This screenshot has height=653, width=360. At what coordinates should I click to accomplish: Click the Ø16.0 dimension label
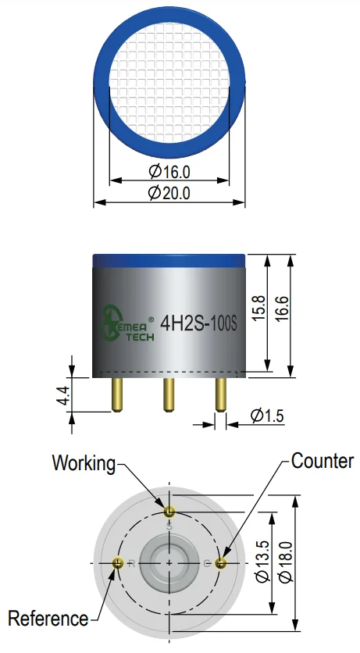(169, 171)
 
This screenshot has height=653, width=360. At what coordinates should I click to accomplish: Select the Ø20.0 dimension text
(169, 193)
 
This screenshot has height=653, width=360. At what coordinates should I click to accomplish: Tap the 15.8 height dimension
(258, 309)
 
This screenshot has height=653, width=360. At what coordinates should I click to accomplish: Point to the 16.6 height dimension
(282, 309)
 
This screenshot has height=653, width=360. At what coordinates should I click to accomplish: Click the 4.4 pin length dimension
(63, 395)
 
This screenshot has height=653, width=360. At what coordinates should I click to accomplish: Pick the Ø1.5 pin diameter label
(267, 416)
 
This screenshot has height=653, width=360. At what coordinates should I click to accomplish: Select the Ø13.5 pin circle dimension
(263, 562)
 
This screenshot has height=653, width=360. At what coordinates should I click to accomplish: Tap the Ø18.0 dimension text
(286, 562)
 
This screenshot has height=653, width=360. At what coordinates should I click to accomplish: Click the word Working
(84, 463)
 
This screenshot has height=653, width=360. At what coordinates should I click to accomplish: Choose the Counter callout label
(323, 462)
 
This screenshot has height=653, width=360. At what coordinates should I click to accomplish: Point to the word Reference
(48, 619)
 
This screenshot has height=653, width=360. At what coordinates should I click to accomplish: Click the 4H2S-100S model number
(198, 324)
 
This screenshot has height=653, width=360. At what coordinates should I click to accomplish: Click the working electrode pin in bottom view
(169, 511)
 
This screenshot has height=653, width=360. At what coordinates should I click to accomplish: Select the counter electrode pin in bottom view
(220, 563)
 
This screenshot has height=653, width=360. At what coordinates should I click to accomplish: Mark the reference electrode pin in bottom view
(118, 563)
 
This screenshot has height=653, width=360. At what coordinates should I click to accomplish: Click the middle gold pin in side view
(169, 394)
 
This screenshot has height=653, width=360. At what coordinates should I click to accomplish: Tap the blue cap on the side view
(169, 260)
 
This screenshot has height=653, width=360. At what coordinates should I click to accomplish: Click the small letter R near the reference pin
(132, 564)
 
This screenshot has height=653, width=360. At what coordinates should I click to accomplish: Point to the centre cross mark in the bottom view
(169, 563)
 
